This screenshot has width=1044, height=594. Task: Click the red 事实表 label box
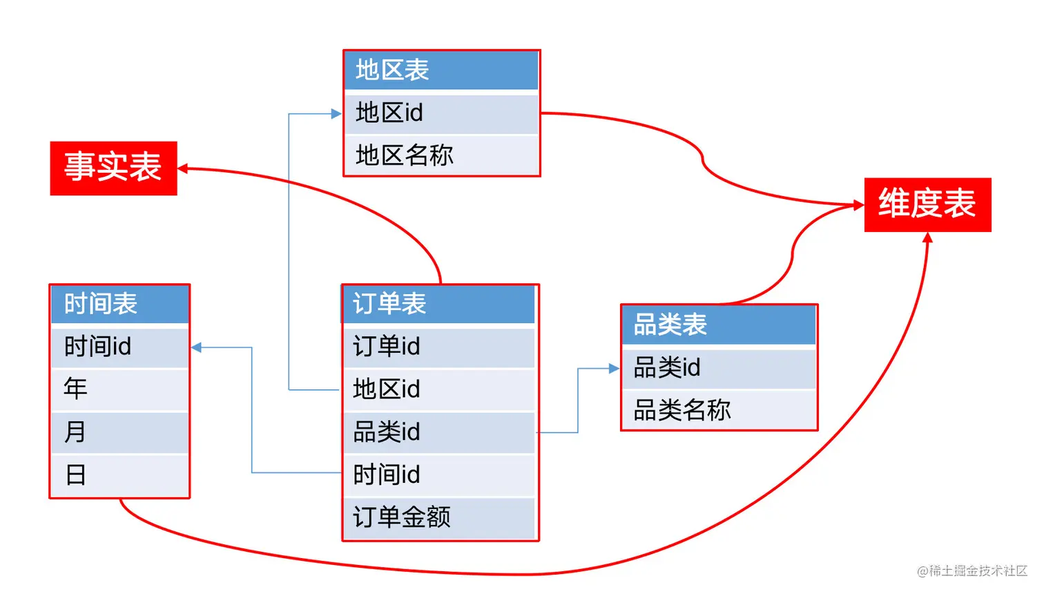point(113,168)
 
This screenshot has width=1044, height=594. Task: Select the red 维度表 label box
point(927,204)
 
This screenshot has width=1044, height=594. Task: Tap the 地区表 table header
point(441,70)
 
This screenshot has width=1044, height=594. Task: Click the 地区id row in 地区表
point(441,113)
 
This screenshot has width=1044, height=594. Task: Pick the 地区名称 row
point(441,155)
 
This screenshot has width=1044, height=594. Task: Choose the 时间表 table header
point(119,304)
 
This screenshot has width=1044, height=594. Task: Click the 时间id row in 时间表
point(119,347)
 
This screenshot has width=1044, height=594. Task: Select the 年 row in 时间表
point(119,390)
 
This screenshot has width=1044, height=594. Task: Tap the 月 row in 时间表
point(119,432)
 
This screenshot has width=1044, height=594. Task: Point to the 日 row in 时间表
point(119,475)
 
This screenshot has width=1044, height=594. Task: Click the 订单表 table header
point(440,304)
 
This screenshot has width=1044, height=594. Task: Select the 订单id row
point(440,347)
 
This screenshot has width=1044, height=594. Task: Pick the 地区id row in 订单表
point(440,390)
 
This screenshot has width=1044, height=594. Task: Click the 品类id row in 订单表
point(440,432)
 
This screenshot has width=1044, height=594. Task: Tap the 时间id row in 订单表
point(440,475)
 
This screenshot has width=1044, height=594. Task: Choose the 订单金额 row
point(440,517)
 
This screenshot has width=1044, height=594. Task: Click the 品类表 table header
point(719,325)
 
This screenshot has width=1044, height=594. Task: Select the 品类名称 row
point(719,410)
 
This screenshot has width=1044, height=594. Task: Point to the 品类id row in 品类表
point(719,368)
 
